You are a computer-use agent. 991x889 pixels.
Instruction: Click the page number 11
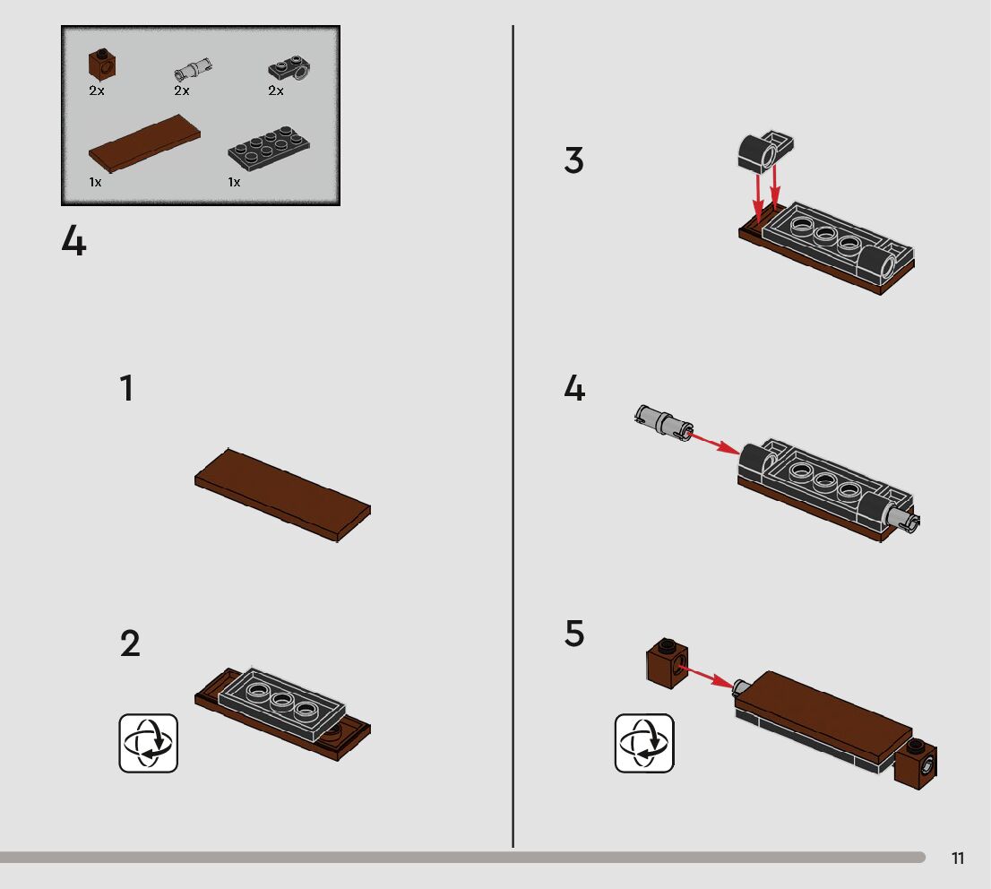coord(958,858)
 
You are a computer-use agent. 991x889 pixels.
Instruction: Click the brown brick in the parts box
coord(102,64)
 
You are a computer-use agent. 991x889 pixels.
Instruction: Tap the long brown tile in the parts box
coord(144,142)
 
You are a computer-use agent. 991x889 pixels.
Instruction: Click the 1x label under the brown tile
coord(96,182)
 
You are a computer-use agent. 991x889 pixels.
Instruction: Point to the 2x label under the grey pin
coord(182,91)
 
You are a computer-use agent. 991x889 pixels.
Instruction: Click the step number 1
coord(127,388)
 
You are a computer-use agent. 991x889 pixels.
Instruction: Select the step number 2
coord(130,643)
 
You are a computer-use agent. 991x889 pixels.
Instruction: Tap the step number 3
coord(573,160)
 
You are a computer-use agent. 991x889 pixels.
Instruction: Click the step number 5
coord(574,633)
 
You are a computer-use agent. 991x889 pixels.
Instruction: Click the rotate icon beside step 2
coord(149,743)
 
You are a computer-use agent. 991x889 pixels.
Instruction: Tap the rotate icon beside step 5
coord(644,743)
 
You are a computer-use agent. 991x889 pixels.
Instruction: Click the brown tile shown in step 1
coord(282,495)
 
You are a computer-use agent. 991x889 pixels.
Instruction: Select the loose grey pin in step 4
coord(663,421)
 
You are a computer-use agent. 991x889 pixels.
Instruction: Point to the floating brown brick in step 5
coord(668,662)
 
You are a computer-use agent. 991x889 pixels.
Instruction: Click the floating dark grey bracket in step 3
coord(765,151)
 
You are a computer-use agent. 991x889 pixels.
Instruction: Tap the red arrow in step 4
coord(713,444)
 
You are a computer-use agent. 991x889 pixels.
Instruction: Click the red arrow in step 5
coord(706,676)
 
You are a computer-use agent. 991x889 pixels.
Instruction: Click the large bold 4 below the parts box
coord(74,241)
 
